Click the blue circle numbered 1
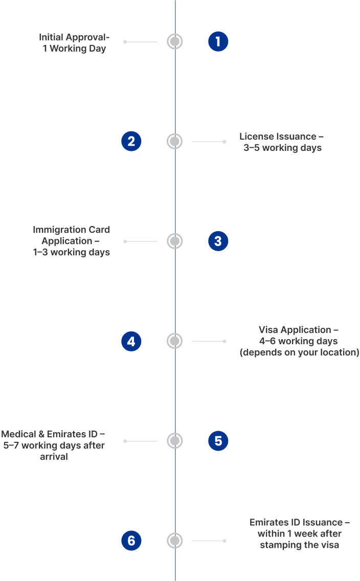point(218,41)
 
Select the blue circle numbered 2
point(131,141)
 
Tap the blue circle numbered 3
point(218,241)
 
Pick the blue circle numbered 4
point(131,341)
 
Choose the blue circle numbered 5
point(218,441)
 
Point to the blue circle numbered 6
point(131,541)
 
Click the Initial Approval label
point(74,43)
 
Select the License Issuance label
point(282,142)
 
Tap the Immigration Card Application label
point(71,241)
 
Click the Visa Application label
point(299,341)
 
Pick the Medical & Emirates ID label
point(53,445)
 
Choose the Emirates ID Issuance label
point(299,533)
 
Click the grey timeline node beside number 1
point(175,41)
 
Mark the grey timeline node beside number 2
point(175,141)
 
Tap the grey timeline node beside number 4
point(175,341)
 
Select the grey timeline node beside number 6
point(175,541)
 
